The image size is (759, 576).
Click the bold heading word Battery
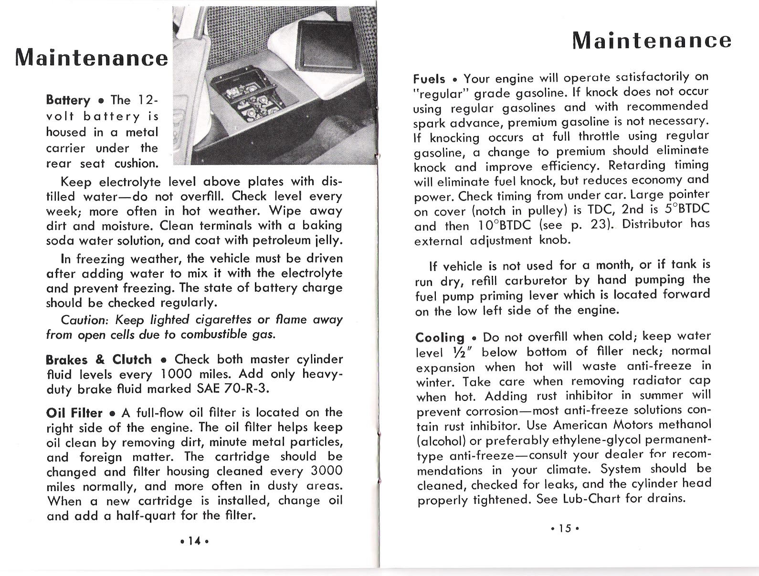click(x=68, y=100)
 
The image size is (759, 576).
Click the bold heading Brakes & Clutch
click(x=99, y=359)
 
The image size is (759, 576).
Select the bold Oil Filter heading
click(x=74, y=413)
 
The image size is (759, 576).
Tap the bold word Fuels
click(x=429, y=79)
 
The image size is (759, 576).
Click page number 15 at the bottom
click(x=565, y=529)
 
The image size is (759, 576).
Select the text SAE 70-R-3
click(x=233, y=389)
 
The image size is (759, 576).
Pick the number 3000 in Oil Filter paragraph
click(x=326, y=471)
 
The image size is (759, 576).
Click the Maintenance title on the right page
click(x=652, y=41)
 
